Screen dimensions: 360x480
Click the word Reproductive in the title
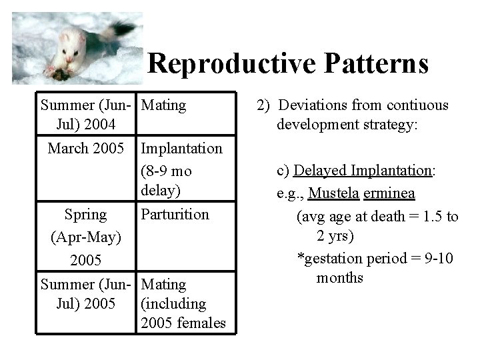[x=232, y=64]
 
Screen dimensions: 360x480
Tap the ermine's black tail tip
[x=126, y=28]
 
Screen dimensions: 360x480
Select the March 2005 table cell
[x=86, y=148]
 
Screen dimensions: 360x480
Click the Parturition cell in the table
[x=175, y=215]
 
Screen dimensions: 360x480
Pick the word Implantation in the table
[x=182, y=148]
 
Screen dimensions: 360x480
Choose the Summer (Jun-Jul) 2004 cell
[x=87, y=115]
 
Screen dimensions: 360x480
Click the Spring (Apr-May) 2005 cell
[x=85, y=237]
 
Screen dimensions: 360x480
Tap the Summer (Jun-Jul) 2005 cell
[x=87, y=294]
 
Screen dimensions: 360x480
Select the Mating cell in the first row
[x=164, y=105]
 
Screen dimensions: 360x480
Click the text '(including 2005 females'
[x=183, y=314]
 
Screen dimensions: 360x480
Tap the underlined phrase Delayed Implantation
[x=363, y=171]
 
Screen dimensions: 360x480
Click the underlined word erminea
[x=389, y=194]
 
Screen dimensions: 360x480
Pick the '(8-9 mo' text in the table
[x=167, y=171]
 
